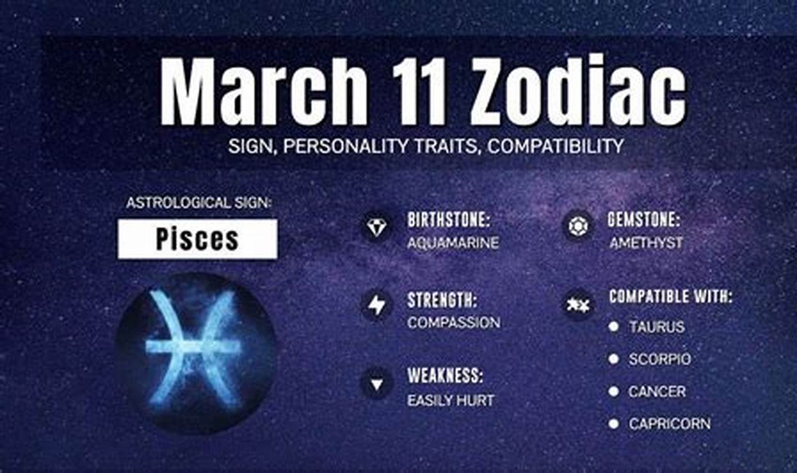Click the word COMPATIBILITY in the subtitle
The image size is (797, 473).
tap(555, 146)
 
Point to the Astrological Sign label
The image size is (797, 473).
tap(199, 203)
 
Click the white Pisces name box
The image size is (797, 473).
tap(197, 239)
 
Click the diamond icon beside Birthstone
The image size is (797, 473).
tap(376, 228)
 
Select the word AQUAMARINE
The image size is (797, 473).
tap(453, 243)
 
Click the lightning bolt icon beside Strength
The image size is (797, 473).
tap(376, 306)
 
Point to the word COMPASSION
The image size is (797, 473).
tap(453, 323)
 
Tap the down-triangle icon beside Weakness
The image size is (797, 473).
tap(376, 383)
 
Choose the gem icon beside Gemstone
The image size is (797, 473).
tap(577, 226)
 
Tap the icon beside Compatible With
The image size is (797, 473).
tap(577, 305)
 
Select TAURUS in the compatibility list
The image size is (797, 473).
tap(656, 327)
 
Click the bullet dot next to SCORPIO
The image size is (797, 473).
tap(613, 359)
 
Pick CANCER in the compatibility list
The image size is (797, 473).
tap(657, 391)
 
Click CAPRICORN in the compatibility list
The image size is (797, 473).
tap(669, 424)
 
